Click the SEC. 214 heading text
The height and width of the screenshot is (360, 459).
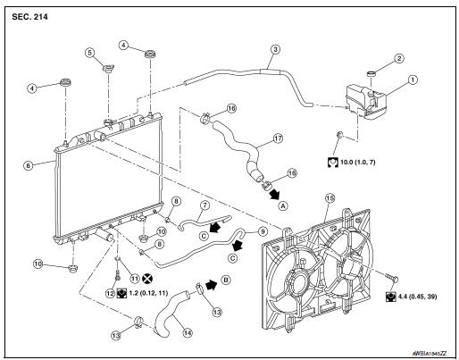29,17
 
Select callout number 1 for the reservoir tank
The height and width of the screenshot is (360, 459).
413,80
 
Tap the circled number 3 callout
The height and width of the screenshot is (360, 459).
275,49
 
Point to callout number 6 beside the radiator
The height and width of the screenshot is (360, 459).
28,165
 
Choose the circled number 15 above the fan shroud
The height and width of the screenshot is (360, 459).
330,198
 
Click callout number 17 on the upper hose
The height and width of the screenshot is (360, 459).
278,138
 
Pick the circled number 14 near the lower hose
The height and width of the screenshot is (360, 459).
188,333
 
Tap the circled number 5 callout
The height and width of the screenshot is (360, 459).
89,53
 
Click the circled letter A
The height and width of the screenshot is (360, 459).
283,205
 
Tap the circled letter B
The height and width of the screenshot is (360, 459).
226,280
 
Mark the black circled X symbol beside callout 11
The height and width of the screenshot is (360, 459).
147,279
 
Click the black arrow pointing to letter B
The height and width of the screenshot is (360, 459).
211,284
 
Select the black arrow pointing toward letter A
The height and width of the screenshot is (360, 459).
274,194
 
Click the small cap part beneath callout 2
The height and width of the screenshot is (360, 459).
371,73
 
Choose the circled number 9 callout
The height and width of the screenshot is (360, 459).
263,231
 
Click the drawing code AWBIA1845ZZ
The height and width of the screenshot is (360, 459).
430,354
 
